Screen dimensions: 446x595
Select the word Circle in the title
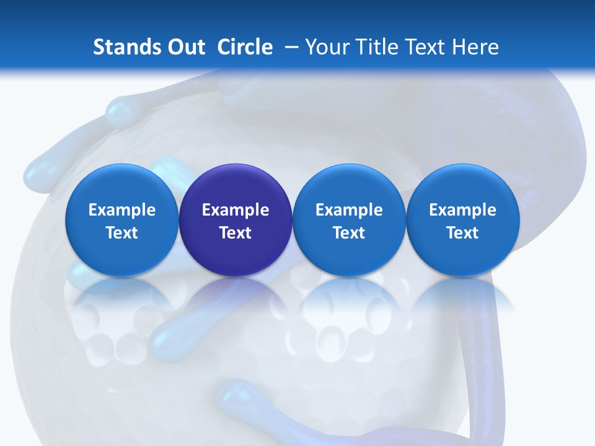245,47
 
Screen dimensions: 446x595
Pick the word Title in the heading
377,47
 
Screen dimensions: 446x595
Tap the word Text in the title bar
427,47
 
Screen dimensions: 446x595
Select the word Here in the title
476,47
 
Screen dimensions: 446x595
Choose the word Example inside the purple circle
236,210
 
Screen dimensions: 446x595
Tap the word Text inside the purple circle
236,233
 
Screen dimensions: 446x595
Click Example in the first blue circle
122,210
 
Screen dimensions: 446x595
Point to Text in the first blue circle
122,233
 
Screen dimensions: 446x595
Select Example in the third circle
349,210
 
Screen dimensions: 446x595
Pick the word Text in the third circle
349,233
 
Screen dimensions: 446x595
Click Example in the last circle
462,210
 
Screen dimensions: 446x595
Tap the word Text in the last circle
462,233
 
